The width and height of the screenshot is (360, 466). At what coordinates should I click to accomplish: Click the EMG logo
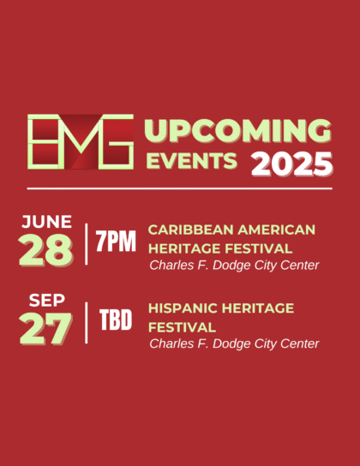81,141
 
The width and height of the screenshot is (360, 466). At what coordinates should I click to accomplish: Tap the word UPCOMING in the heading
237,131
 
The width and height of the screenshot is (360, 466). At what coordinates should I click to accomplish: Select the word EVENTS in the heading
192,161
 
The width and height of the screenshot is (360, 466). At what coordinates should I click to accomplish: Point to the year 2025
291,164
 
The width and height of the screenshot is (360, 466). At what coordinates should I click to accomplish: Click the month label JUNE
46,222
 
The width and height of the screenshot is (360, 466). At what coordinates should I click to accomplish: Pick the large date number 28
45,250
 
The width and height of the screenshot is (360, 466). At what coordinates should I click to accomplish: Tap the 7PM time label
116,241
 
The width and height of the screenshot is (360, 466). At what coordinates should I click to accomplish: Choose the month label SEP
47,300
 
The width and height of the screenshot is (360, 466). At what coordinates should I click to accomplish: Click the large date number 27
45,329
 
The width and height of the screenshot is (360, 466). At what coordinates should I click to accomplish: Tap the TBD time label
116,320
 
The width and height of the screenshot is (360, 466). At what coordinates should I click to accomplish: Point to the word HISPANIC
183,308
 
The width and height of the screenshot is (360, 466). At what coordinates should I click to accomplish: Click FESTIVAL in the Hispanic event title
182,327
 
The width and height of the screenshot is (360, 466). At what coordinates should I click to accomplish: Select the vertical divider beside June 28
87,244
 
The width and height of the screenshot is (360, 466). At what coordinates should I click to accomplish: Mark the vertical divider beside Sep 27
87,323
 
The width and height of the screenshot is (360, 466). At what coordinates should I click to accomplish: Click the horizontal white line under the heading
179,188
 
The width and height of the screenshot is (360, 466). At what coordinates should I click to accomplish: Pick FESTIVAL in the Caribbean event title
259,248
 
